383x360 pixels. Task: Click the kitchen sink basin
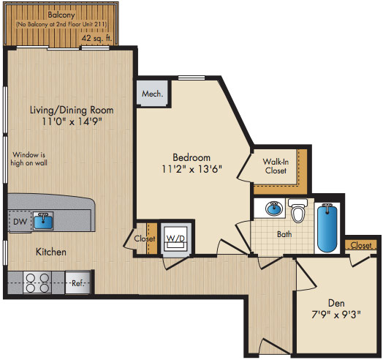pos(43,221)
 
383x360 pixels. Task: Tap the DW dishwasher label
pos(20,222)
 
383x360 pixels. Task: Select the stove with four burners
pos(37,283)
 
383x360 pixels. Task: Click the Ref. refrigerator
pos(78,283)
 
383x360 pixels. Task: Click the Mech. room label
pos(153,94)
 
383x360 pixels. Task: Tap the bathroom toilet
pos(298,211)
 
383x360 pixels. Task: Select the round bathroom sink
pos(274,209)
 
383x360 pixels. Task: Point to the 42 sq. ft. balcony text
pos(96,38)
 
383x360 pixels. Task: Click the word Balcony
pos(61,15)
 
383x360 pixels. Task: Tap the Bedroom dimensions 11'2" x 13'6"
pos(191,169)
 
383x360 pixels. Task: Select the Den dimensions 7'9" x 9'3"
pos(336,314)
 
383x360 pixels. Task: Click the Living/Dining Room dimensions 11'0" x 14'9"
pos(72,121)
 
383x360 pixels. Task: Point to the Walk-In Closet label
pos(276,166)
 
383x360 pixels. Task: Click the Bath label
pos(284,234)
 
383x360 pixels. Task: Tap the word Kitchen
pos(51,252)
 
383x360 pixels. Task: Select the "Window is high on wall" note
pos(29,159)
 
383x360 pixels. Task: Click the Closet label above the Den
pos(361,245)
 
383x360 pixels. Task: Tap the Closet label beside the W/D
pos(145,239)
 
